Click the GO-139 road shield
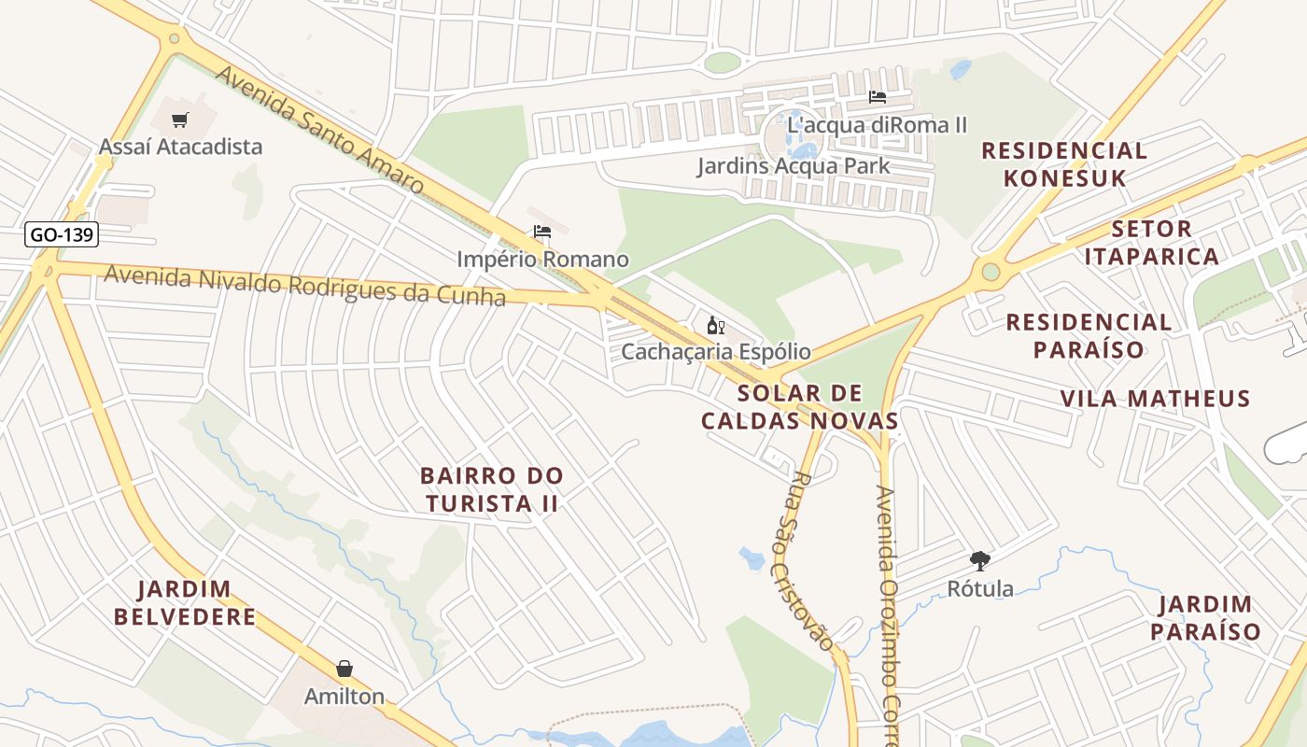point(62,234)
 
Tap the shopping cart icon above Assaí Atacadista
point(180,120)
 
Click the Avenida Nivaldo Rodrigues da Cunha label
point(304,286)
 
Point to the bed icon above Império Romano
point(541,233)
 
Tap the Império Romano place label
point(542,259)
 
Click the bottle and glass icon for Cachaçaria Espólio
point(716,326)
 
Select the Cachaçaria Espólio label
point(716,352)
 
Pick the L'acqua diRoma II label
point(877,124)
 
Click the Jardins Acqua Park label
point(794,166)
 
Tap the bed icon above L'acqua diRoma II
point(877,96)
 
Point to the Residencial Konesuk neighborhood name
point(1064,163)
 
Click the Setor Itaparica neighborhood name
point(1152,242)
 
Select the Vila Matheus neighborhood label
point(1155,399)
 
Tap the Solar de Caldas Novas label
point(799,406)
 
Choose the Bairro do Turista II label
point(492,489)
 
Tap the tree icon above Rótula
point(979,561)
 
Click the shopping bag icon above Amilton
point(344,669)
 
